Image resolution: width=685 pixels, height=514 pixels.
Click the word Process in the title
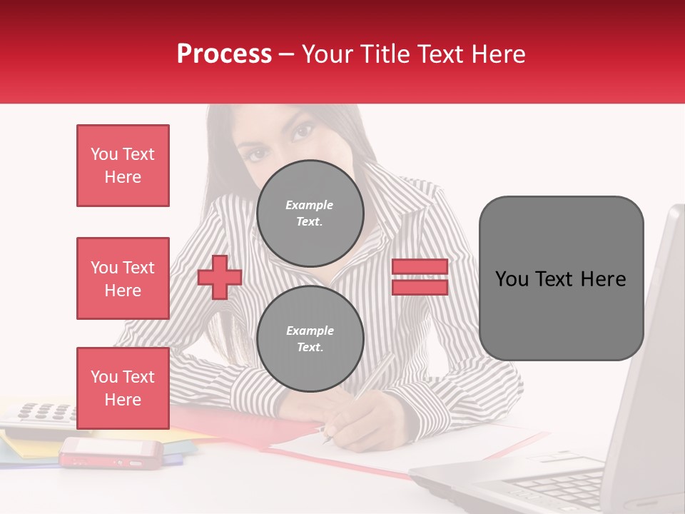224,54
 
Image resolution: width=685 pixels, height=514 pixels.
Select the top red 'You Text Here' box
123,166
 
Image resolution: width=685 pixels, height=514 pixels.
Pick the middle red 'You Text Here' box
123,278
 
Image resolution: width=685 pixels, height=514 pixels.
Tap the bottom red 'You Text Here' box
123,388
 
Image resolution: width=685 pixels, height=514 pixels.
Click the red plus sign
220,277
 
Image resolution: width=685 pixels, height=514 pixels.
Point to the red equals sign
420,277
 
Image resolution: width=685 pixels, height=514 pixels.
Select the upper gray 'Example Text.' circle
310,213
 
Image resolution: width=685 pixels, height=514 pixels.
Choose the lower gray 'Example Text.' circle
310,338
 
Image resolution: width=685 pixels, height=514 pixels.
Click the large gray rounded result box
561,278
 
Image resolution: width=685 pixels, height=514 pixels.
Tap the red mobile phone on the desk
111,451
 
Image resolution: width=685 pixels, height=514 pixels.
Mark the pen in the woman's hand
357,400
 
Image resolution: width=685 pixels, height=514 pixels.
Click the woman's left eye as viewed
258,152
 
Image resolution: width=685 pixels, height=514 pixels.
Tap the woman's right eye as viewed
304,131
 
